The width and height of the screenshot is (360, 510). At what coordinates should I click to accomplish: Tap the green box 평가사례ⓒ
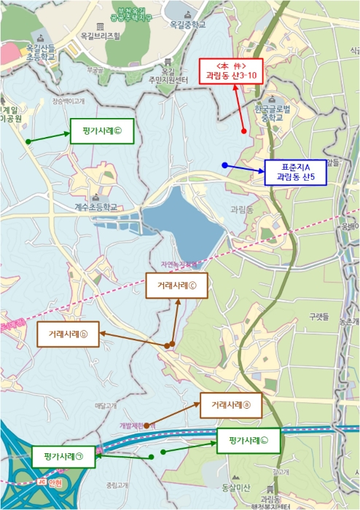pos(103,132)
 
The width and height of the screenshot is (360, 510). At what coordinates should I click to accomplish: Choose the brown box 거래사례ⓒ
pos(177,286)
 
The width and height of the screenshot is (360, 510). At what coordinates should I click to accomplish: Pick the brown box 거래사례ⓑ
pos(69,334)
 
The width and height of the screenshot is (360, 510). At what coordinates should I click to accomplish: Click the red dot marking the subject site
pos(243,132)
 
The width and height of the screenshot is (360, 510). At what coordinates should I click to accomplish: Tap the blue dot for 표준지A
pos(224,165)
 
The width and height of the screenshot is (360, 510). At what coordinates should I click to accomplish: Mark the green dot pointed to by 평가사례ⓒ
pos(28,140)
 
